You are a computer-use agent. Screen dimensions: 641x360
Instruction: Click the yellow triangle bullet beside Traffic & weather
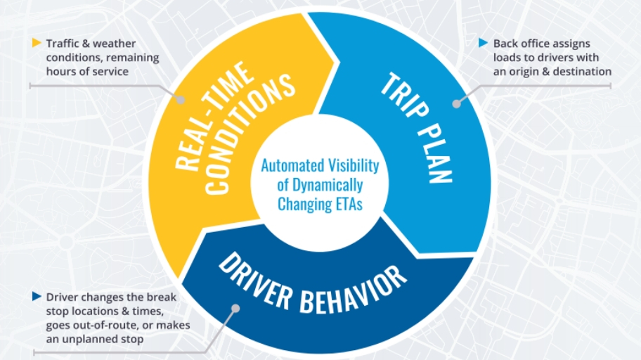pyautogui.click(x=37, y=43)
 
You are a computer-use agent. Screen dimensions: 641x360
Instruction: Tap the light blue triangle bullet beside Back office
pyautogui.click(x=483, y=43)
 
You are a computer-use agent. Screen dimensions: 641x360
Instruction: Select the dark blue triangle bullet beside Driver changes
pyautogui.click(x=37, y=296)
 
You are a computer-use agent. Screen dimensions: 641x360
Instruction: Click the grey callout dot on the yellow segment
pyautogui.click(x=180, y=99)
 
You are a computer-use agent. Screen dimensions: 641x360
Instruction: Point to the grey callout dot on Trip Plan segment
pyautogui.click(x=457, y=104)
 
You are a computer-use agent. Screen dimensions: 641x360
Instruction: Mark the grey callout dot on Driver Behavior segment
pyautogui.click(x=235, y=308)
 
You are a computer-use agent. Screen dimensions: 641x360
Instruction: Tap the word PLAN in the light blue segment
pyautogui.click(x=435, y=153)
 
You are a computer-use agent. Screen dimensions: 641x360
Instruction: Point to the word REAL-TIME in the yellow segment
pyautogui.click(x=213, y=116)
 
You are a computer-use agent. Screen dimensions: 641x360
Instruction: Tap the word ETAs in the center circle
pyautogui.click(x=349, y=204)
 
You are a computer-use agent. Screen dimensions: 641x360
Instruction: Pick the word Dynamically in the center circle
pyautogui.click(x=326, y=186)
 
